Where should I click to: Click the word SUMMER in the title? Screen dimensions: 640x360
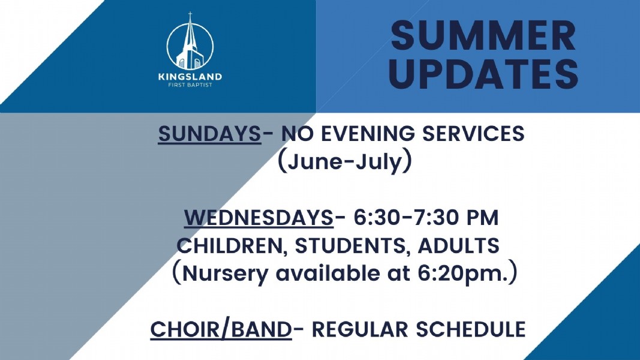pos(483,35)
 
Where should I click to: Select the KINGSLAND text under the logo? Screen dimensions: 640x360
pos(190,76)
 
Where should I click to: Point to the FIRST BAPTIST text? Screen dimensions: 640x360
pos(190,85)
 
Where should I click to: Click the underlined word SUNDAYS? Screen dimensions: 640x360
pos(209,134)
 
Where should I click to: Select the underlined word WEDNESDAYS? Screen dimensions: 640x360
pos(259,217)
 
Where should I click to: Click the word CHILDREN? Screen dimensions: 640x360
pos(231,246)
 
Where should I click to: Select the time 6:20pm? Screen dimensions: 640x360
pos(463,274)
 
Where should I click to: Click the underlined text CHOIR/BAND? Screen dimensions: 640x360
pos(221,329)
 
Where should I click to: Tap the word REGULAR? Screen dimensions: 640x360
pos(360,329)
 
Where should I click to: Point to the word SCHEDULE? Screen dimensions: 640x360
pos(471,329)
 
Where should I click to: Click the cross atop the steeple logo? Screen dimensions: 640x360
pos(190,16)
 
